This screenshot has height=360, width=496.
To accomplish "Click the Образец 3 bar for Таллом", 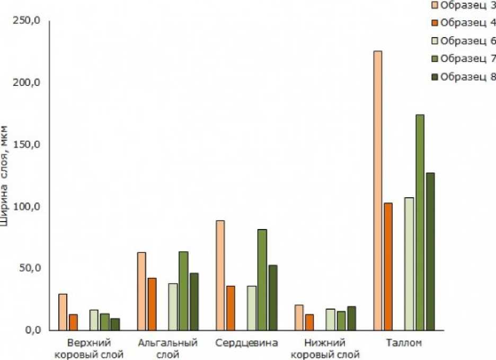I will [378, 191].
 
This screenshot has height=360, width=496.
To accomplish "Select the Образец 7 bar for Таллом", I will [420, 223].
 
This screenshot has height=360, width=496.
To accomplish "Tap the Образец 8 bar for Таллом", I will [430, 251].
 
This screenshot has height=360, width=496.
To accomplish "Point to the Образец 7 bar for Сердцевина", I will [262, 279].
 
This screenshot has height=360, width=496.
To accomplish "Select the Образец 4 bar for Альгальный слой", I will [152, 304].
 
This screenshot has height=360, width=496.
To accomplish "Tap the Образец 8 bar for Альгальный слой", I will [194, 302].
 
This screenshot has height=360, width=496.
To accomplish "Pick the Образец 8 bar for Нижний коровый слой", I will [351, 318].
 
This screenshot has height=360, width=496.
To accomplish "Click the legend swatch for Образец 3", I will [433, 5].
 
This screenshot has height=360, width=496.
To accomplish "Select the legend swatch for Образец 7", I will [433, 58].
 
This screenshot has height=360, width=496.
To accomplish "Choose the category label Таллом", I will [404, 343].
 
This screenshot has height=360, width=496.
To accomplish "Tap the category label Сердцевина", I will [246, 343].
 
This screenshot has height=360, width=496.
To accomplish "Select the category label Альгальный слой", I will [167, 348].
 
